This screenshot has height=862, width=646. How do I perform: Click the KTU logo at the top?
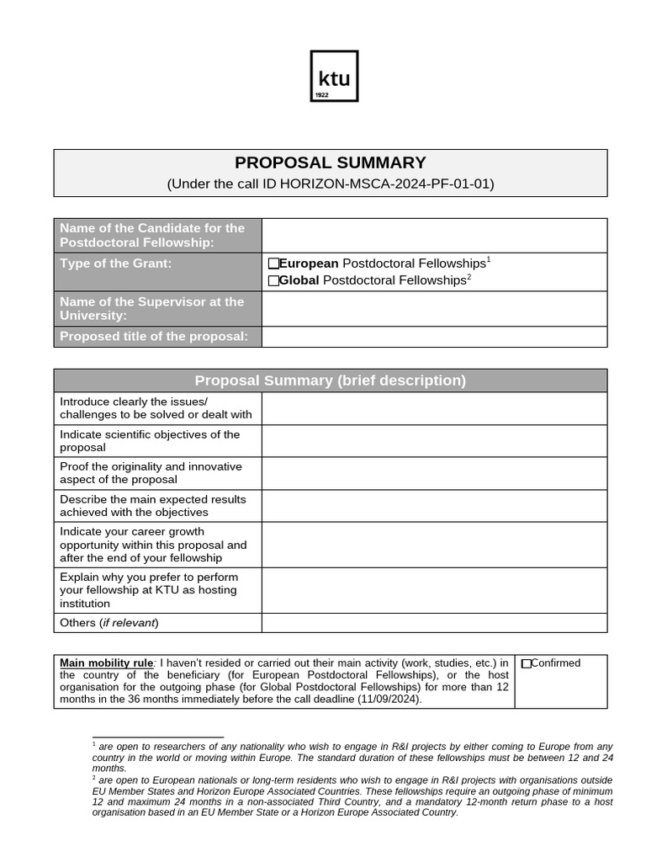coord(334,76)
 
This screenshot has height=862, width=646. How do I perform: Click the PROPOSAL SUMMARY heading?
coord(330,163)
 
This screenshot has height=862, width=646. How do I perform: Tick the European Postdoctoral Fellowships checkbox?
coord(273,264)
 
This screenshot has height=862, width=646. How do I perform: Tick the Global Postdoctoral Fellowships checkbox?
coord(273,281)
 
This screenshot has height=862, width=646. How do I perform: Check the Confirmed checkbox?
coord(527,664)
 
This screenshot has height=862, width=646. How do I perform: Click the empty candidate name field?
coord(434,236)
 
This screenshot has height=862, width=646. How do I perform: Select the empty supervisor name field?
coord(434,309)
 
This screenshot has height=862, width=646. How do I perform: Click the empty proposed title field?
coord(434,338)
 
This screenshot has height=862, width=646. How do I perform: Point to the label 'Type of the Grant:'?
coord(115,263)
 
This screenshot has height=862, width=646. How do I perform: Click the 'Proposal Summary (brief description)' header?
coord(330,380)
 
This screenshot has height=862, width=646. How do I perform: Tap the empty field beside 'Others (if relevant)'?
coord(434,623)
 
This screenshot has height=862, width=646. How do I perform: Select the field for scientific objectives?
coord(434,441)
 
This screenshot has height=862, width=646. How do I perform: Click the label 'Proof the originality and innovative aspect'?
coord(151,473)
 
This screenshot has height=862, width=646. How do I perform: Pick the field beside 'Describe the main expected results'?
coord(434,506)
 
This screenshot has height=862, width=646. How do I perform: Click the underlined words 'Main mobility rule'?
coord(106,663)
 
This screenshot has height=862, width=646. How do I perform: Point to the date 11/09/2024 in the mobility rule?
coord(389,699)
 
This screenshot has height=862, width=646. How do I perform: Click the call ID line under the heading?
coord(330,184)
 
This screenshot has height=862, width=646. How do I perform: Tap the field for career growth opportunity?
coord(434,545)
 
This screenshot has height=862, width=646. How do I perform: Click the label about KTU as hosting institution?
coord(149,590)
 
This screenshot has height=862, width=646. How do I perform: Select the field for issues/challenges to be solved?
coord(434,408)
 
